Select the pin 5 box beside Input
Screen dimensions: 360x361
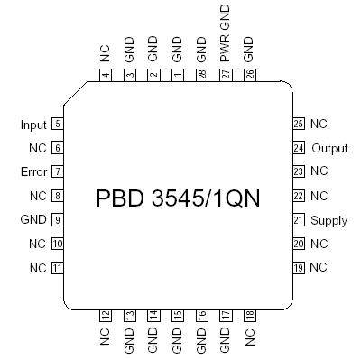click(x=57, y=124)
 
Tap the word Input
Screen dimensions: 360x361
click(x=34, y=124)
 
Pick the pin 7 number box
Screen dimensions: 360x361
click(x=57, y=171)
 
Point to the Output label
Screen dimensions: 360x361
click(x=329, y=147)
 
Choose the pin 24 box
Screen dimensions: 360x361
click(x=299, y=147)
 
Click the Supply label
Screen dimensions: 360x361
click(x=329, y=220)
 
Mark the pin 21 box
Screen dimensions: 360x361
click(x=299, y=220)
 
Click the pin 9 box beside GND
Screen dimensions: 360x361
click(x=57, y=219)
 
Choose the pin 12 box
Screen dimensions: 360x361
click(x=106, y=315)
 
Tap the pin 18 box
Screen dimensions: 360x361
click(x=250, y=315)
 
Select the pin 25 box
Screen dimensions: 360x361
click(x=299, y=124)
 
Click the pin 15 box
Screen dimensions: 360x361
click(x=178, y=315)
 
